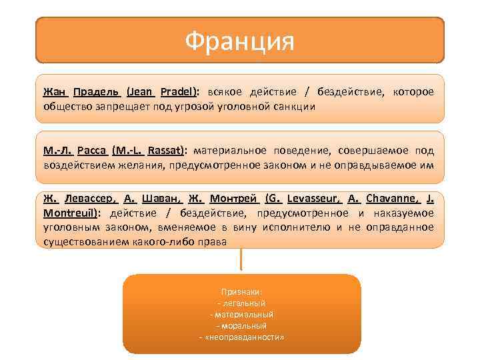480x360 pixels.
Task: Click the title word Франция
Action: pos(239,42)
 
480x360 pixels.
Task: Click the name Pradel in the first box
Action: pos(179,91)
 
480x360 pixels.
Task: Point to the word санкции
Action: pos(294,106)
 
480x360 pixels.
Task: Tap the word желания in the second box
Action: pos(134,165)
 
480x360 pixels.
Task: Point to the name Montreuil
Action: pos(70,213)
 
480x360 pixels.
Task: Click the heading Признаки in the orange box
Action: pos(241,292)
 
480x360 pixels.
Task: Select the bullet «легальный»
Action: pos(241,303)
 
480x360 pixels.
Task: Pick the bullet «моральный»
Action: pos(241,326)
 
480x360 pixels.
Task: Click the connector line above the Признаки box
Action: pos(241,260)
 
